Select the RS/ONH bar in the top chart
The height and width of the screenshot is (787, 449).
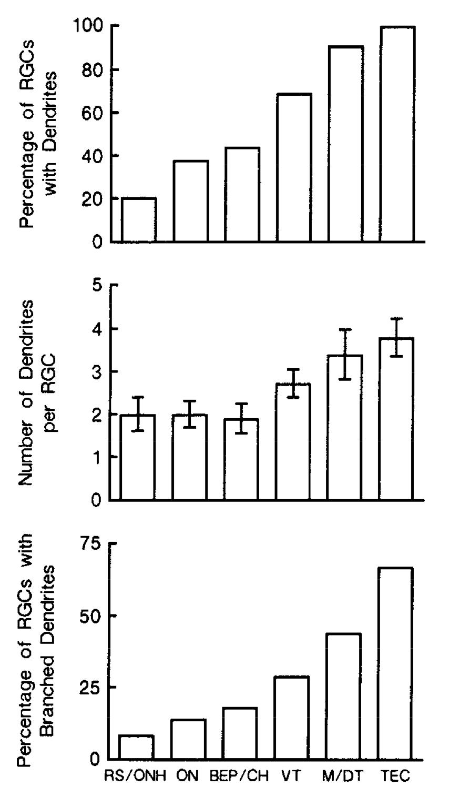tap(139, 220)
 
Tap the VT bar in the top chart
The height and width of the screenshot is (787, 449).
tap(293, 168)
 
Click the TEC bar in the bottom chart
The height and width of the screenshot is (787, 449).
tap(395, 663)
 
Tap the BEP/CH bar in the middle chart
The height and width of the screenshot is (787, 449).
tap(241, 459)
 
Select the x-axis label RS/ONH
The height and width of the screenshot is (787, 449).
tap(136, 776)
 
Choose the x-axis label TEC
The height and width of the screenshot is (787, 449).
tap(395, 776)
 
